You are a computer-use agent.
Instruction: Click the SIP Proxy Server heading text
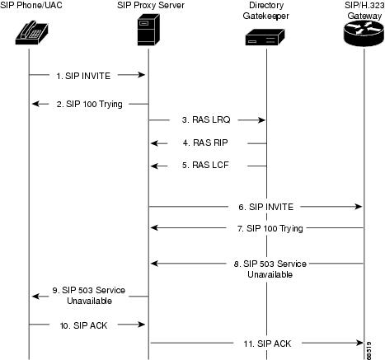[x=148, y=7]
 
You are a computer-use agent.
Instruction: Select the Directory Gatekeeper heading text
[x=265, y=12]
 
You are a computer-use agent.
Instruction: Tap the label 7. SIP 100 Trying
[x=265, y=227]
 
